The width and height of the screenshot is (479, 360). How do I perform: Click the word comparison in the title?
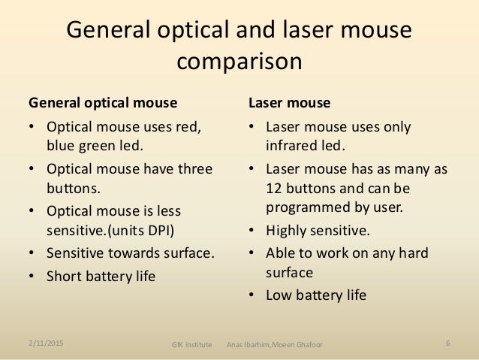point(239,61)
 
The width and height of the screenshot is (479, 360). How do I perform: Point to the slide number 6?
point(447,343)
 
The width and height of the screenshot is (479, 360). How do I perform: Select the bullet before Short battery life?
point(32,276)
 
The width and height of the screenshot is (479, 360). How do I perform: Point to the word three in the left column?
point(195,168)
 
